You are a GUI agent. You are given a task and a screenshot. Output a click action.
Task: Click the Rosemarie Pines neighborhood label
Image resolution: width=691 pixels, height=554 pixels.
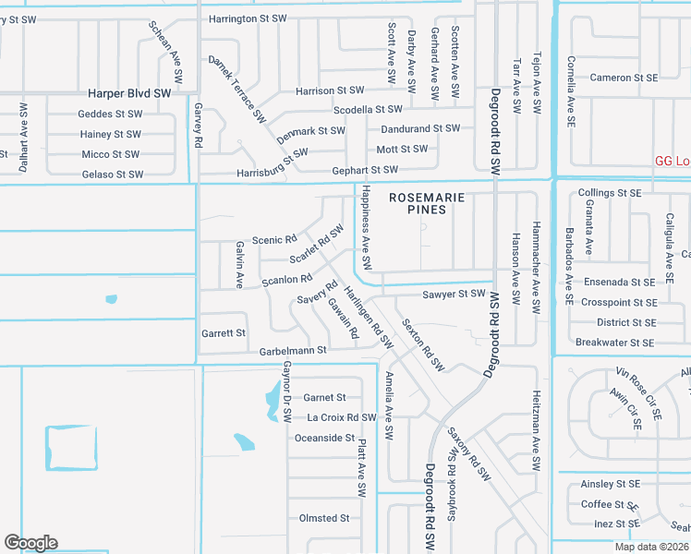[x=417, y=203]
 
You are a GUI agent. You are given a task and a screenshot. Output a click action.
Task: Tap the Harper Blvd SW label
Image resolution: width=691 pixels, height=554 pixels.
[x=129, y=93]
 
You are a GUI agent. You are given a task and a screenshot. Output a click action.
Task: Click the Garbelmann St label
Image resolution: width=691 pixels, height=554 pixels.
[x=293, y=351]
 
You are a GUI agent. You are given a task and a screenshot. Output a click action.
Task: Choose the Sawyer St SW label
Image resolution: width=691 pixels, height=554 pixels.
[x=453, y=294]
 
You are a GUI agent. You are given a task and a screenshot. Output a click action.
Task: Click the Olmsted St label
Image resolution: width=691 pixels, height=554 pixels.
[x=324, y=518]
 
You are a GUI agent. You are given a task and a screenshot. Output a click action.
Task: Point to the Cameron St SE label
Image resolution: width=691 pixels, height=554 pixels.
[x=624, y=78]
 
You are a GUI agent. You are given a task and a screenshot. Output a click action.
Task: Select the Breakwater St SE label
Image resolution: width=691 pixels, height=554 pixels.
[x=615, y=343]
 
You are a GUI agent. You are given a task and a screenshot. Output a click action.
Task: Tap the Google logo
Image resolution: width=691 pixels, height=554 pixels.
[x=30, y=543]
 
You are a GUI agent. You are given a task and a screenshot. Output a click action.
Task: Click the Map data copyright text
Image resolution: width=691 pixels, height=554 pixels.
[x=652, y=547]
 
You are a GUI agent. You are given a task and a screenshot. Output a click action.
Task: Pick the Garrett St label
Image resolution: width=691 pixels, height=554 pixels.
[x=224, y=332]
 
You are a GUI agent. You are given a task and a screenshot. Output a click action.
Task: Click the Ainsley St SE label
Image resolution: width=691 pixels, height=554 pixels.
[x=610, y=484]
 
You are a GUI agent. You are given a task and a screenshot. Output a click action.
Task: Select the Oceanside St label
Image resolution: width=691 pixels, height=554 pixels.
[x=324, y=438]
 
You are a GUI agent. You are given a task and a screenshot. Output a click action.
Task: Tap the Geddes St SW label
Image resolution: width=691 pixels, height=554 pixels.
[x=110, y=114]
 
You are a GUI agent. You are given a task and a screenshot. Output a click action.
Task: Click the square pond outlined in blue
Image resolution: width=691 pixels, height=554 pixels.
[x=71, y=448]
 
